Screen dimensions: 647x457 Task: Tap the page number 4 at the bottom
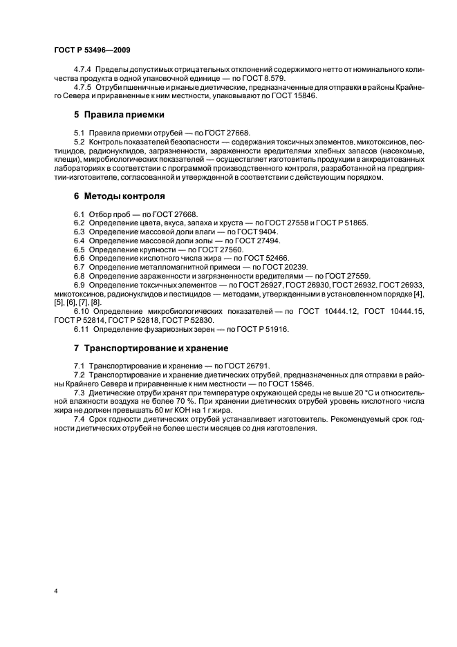click(x=56, y=592)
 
